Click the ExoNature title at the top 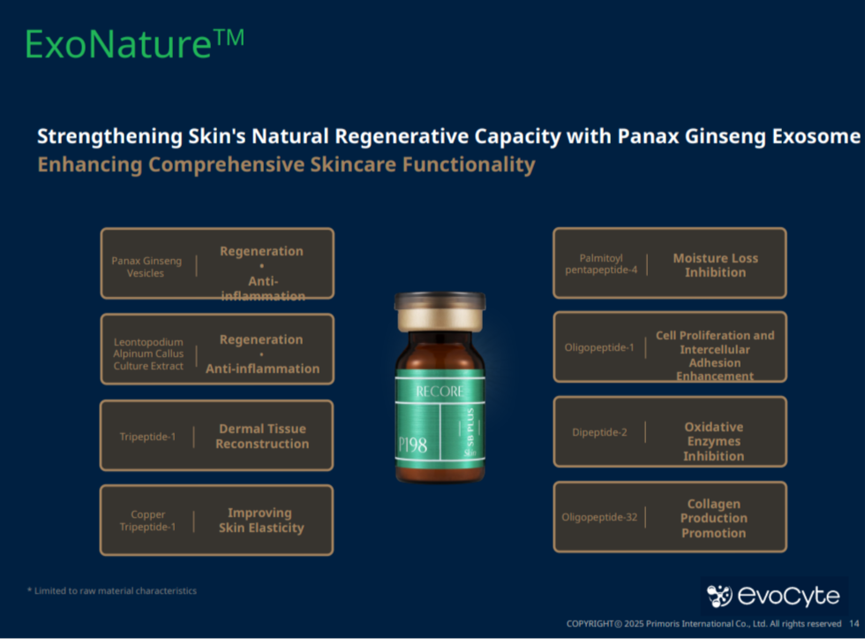[134, 43]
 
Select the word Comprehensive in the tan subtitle [225, 164]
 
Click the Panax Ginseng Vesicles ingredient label [147, 267]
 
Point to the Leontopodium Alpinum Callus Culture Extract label [148, 354]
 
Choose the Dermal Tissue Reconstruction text [262, 436]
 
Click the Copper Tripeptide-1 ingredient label [148, 521]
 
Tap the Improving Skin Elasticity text [261, 521]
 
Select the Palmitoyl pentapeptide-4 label [601, 264]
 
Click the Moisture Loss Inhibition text [716, 265]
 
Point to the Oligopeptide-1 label [599, 347]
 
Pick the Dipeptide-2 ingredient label [599, 432]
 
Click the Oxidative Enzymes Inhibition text [714, 441]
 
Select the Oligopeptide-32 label [599, 517]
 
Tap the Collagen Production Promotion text [714, 518]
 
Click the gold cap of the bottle [440, 311]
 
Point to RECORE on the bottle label [440, 392]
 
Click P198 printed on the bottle [413, 445]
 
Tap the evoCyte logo [773, 596]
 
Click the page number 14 [854, 624]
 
